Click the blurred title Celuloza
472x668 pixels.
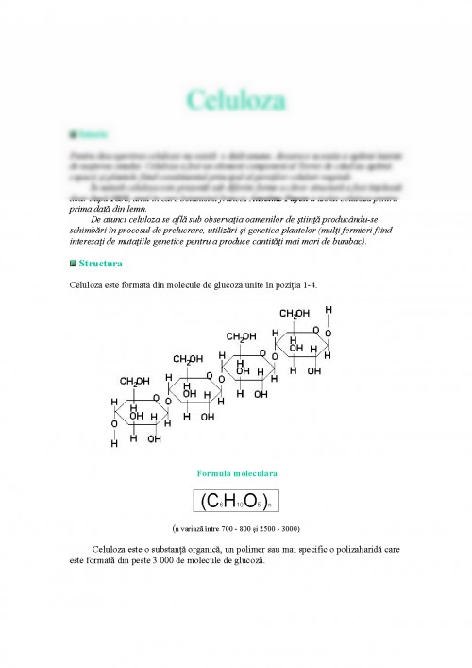coord(236,98)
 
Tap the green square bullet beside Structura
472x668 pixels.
coord(73,263)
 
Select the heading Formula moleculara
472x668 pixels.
coord(237,471)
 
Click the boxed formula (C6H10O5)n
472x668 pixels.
coord(237,501)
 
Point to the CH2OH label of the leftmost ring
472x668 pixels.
coord(134,381)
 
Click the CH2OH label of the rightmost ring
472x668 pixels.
coord(295,313)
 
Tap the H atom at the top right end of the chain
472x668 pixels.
coord(329,310)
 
